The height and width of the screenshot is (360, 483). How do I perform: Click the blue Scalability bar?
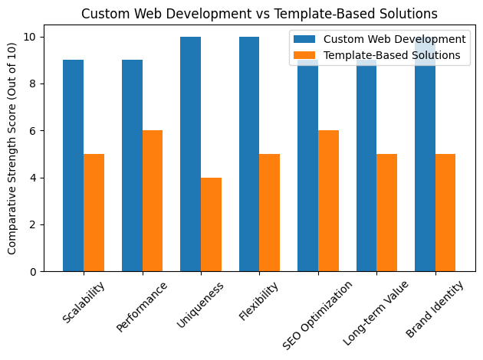pyautogui.click(x=74, y=165)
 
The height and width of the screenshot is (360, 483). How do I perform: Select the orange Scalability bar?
pyautogui.click(x=94, y=212)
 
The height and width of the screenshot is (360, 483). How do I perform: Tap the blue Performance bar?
pyautogui.click(x=132, y=165)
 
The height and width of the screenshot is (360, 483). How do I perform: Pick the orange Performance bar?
pyautogui.click(x=153, y=201)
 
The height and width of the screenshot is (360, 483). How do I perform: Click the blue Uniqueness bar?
pyautogui.click(x=191, y=154)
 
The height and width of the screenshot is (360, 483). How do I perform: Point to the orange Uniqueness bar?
pyautogui.click(x=212, y=224)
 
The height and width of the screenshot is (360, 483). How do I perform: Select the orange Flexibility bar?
pyautogui.click(x=270, y=212)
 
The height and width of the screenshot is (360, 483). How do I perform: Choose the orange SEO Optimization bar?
pyautogui.click(x=329, y=201)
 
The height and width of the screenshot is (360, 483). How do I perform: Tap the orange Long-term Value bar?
pyautogui.click(x=387, y=212)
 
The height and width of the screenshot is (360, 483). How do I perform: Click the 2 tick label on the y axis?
pyautogui.click(x=32, y=224)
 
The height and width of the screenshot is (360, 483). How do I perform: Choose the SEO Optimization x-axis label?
pyautogui.click(x=317, y=314)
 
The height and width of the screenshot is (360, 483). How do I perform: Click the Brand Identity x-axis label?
pyautogui.click(x=435, y=309)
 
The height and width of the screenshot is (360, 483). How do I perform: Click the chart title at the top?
pyautogui.click(x=259, y=13)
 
